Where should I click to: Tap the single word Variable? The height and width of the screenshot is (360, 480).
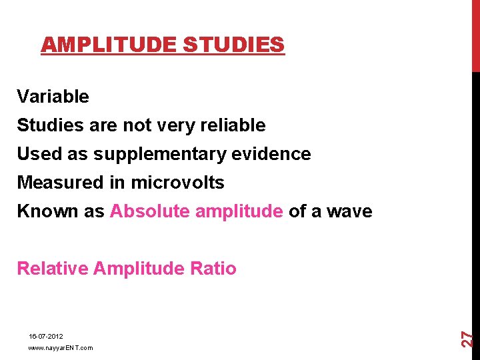53,97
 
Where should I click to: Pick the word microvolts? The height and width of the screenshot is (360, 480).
177,183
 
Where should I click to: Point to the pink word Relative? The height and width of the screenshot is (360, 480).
53,269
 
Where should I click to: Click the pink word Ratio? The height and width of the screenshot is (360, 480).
213,269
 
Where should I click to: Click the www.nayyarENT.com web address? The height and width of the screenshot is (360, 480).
61,348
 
